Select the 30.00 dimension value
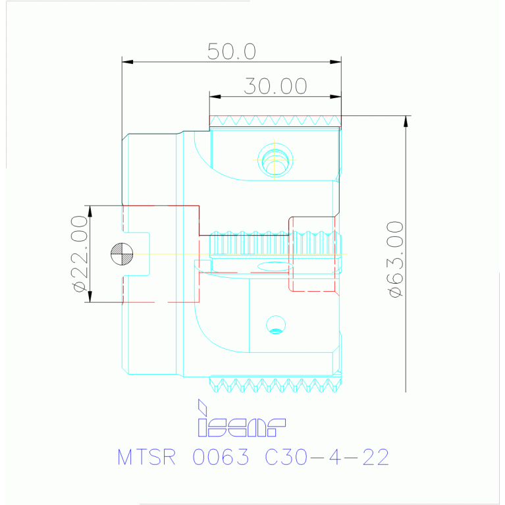pyautogui.click(x=275, y=86)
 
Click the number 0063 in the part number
pyautogui.click(x=221, y=457)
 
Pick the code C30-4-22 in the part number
pyautogui.click(x=327, y=457)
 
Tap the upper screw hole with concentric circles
pyautogui.click(x=276, y=160)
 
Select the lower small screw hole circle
pyautogui.click(x=276, y=323)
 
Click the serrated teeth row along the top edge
pyautogui.click(x=275, y=120)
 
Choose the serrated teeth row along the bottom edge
pyautogui.click(x=276, y=383)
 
